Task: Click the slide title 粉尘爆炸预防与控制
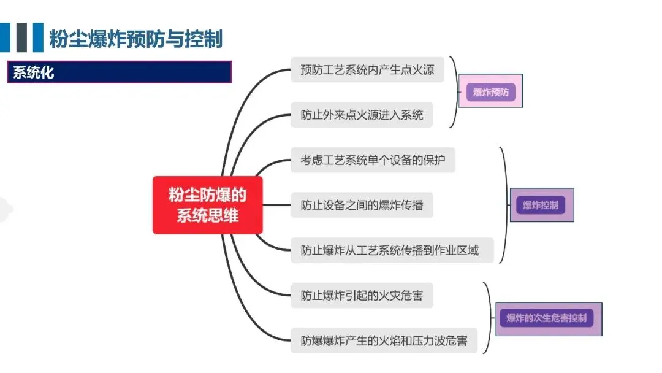click(x=136, y=38)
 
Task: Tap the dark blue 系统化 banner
click(x=119, y=72)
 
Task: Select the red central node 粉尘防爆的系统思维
click(x=207, y=205)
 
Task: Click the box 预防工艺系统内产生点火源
click(x=367, y=69)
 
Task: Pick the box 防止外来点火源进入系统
click(x=362, y=115)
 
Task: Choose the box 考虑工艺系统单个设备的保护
click(x=373, y=160)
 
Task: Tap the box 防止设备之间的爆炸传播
click(x=362, y=205)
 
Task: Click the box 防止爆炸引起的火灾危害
click(x=362, y=295)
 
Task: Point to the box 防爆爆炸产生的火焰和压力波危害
click(x=384, y=340)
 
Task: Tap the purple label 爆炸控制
click(x=541, y=205)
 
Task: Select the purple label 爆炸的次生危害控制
click(x=547, y=318)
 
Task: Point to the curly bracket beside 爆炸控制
click(x=505, y=205)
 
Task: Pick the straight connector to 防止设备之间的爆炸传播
click(x=276, y=205)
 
